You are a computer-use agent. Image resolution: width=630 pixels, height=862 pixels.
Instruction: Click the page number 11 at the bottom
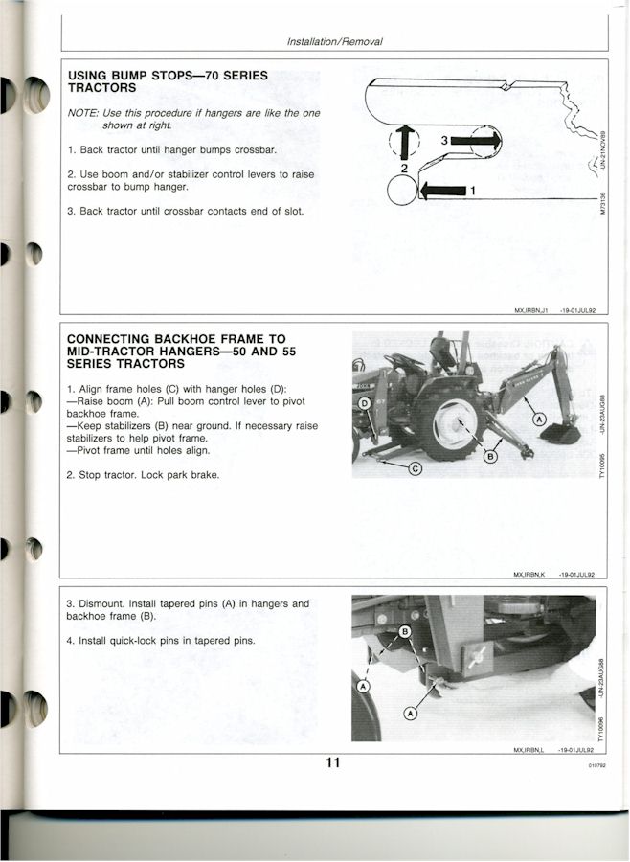(332, 762)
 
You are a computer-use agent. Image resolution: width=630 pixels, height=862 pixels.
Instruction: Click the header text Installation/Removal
(334, 41)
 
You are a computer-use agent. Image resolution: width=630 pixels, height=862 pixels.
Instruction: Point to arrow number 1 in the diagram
(442, 192)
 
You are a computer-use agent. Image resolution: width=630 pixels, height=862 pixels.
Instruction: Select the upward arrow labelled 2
(405, 142)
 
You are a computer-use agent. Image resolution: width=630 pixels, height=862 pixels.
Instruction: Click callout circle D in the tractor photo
(365, 404)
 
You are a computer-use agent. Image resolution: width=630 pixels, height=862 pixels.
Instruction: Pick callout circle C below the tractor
(416, 469)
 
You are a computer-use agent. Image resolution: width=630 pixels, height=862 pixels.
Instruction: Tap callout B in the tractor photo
(489, 456)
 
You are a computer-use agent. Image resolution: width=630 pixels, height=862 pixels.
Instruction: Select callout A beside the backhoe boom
(540, 420)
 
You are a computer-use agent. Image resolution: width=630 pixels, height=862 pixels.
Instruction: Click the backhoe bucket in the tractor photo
(561, 433)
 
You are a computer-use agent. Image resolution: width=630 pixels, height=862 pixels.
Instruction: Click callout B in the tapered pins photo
(405, 631)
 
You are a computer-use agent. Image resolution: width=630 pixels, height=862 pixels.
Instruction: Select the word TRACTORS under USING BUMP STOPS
(101, 88)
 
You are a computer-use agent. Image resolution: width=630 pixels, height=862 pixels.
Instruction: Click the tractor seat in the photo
(442, 352)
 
